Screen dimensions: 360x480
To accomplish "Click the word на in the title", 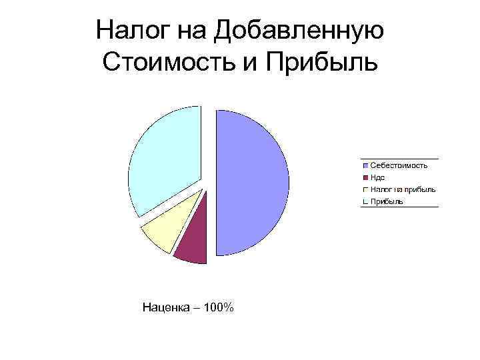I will coord(192,30).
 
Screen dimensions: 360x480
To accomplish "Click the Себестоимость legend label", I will coord(399,165).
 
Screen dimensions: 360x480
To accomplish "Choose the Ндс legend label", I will coord(378,177).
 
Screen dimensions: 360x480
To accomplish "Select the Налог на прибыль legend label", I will coord(403,189).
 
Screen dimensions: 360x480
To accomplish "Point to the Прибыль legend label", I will coord(387,201).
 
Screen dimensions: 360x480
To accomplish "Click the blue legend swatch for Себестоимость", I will coord(365,165).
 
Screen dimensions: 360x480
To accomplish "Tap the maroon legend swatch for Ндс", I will coord(365,177).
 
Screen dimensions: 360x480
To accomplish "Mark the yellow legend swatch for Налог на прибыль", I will coord(365,189).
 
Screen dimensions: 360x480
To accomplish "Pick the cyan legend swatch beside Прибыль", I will coord(365,201).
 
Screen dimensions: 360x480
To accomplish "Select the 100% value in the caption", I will coord(219,307).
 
